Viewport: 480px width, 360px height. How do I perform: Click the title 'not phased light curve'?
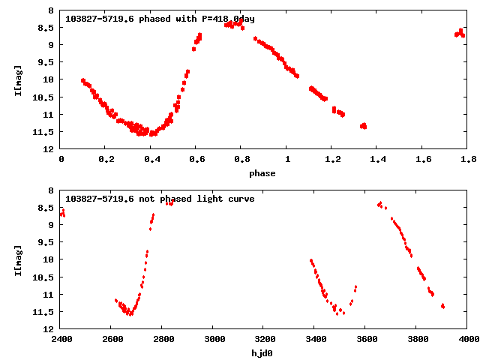[x=160, y=199]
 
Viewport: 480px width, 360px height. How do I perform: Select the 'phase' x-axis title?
[x=262, y=173]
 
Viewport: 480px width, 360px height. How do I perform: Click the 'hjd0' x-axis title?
[x=262, y=352]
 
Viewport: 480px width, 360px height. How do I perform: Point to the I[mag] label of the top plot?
[x=18, y=79]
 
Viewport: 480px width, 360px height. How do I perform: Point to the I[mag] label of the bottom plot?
[x=18, y=259]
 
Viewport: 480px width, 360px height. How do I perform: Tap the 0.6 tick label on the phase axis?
[x=196, y=159]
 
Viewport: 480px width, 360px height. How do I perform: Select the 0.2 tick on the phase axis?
[x=106, y=159]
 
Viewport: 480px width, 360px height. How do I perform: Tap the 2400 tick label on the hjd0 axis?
[x=61, y=339]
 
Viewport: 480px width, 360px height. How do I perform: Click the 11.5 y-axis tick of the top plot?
[x=46, y=132]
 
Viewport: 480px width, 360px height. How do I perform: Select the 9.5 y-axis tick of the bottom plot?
[x=49, y=242]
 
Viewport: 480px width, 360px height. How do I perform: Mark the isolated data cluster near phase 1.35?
[x=363, y=126]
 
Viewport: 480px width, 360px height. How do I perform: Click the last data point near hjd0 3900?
[x=443, y=306]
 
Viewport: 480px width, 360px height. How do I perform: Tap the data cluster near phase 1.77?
[x=460, y=33]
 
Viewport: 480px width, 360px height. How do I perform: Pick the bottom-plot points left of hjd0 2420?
[x=62, y=214]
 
